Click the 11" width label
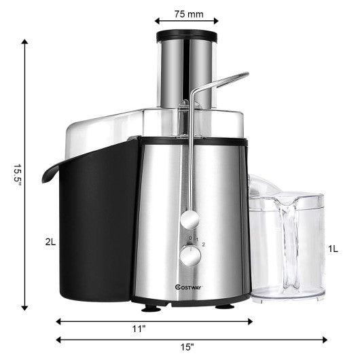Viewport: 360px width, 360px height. click(x=139, y=329)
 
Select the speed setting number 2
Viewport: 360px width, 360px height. click(x=203, y=243)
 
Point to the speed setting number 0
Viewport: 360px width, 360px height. click(x=190, y=237)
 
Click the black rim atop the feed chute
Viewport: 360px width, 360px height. click(x=187, y=35)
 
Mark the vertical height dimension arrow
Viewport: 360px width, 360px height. click(x=28, y=177)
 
